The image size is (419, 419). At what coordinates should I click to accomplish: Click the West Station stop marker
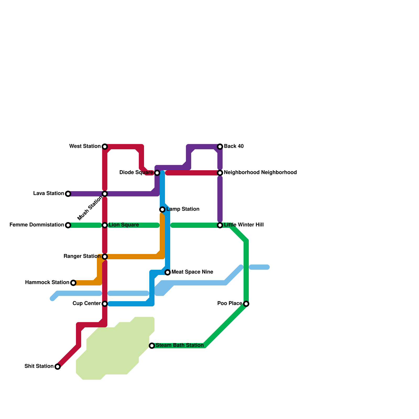pos(105,147)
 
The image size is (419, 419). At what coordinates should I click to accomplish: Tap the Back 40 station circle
pos(220,147)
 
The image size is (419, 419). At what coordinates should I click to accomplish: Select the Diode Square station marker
pos(157,173)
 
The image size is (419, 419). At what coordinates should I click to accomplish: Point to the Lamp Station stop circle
pos(162,210)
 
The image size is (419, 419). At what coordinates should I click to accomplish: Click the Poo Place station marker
pos(246,304)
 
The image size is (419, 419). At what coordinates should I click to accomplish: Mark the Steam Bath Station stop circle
pos(152,346)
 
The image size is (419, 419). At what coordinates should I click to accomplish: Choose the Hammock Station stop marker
pos(73,283)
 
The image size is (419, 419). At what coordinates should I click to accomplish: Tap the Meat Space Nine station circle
pos(168,272)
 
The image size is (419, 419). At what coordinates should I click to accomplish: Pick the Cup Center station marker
pos(105,304)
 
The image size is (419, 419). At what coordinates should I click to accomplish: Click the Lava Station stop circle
pos(68,194)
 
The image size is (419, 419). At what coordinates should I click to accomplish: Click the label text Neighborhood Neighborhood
pos(260,173)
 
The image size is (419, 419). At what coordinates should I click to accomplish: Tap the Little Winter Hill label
pos(244,225)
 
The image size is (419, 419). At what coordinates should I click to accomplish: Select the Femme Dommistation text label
pos(37,225)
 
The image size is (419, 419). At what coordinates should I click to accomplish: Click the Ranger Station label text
pos(82,256)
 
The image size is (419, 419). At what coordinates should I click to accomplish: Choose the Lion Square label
pos(124,225)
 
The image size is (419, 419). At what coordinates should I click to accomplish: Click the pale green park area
pos(115,351)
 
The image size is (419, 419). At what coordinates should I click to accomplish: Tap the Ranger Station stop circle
pos(105,257)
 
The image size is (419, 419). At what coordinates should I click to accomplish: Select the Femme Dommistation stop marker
pos(68,225)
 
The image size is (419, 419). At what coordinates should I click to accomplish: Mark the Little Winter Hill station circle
pos(220,225)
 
